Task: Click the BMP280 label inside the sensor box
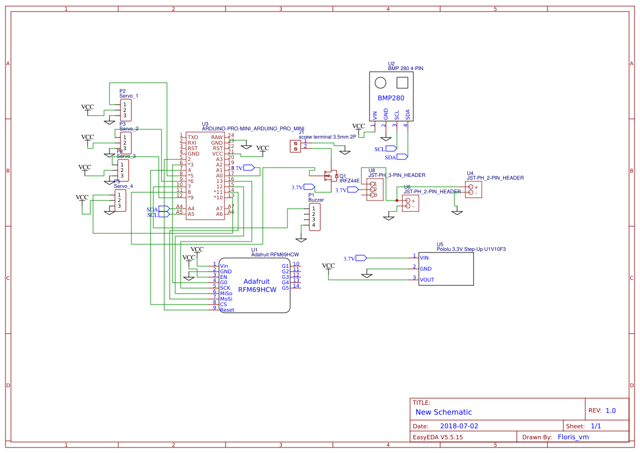tap(391, 99)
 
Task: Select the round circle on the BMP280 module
tap(380, 83)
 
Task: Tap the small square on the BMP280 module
tap(402, 83)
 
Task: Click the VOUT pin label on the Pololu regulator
tap(427, 280)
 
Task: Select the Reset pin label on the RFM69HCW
tap(227, 310)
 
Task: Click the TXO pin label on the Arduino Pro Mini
tap(193, 137)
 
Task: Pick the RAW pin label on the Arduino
tap(217, 137)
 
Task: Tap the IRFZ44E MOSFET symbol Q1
tap(330, 176)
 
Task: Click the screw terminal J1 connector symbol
tap(295, 146)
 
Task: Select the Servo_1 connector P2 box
tap(126, 110)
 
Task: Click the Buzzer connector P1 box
tap(314, 217)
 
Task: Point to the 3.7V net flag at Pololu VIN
tap(361, 258)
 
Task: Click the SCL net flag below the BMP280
tap(391, 148)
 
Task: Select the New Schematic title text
tap(443, 412)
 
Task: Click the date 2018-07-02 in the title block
tap(459, 426)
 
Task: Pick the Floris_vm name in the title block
tap(573, 437)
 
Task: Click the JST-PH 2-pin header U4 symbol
tap(474, 190)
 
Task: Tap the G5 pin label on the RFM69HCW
tap(285, 288)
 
